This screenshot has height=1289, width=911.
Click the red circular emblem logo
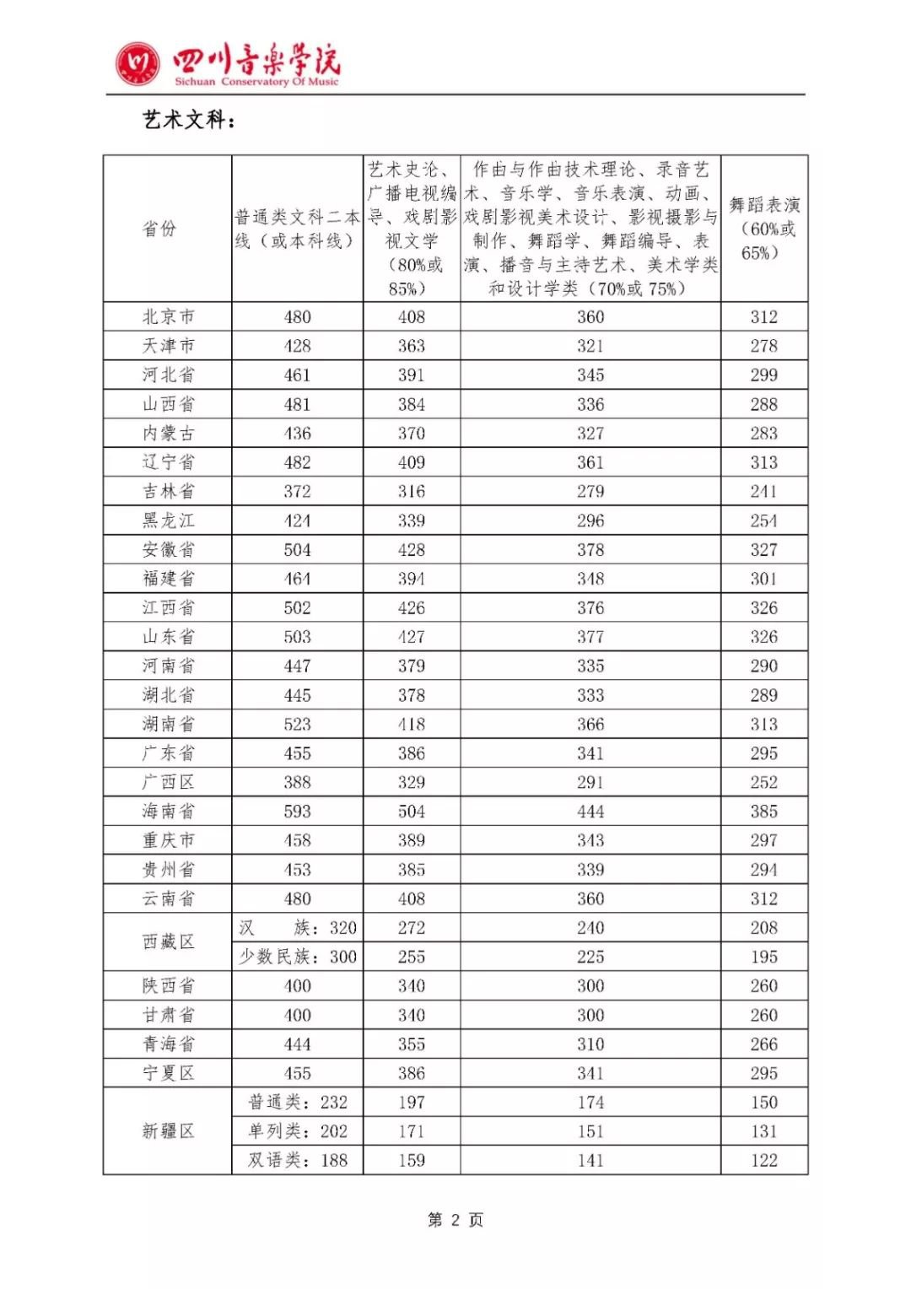coord(137,64)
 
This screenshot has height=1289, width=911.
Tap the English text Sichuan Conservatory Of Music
coord(256,82)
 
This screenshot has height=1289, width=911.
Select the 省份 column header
coord(159,229)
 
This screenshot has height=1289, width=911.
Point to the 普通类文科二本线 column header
coord(297,229)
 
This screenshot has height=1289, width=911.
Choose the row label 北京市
coord(168,316)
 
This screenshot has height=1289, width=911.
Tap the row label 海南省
coord(168,811)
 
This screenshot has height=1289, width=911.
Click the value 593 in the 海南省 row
coord(297,811)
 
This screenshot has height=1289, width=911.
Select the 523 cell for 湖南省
coord(297,724)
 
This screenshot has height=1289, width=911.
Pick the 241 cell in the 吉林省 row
coord(764,491)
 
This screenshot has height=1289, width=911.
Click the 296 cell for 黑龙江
coord(590,520)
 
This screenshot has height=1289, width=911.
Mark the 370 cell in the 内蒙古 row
coord(412,433)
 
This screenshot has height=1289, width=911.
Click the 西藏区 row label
coord(168,941)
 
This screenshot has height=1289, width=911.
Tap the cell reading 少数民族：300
coord(297,957)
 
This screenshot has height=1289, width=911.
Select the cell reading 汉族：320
coord(297,928)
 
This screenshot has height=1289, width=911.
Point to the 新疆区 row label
coord(168,1131)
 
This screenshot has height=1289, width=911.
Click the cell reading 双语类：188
coord(297,1160)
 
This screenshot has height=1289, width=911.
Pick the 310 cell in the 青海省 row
coord(590,1044)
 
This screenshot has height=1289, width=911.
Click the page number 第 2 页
coord(455,1220)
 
